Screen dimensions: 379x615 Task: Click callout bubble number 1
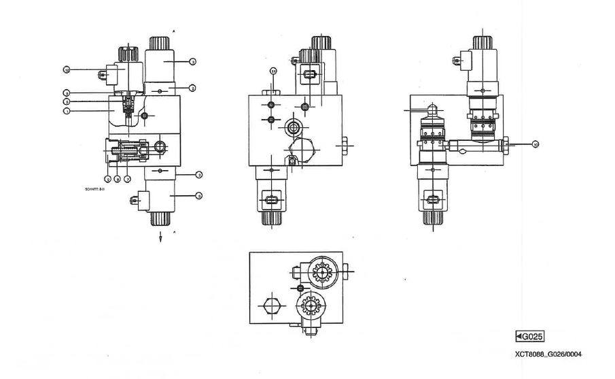[67, 110]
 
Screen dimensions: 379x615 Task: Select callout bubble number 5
[107, 178]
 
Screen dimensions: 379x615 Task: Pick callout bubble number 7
[127, 178]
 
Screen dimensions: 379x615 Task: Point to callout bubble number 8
[117, 178]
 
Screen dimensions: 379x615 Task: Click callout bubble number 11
[273, 70]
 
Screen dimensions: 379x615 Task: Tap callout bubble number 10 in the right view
[535, 144]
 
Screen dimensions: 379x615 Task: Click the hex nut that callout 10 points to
[506, 144]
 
